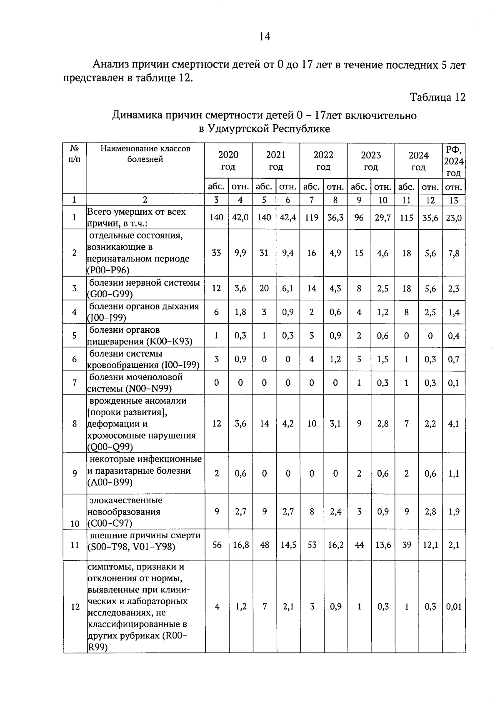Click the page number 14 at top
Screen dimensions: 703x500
coord(265,37)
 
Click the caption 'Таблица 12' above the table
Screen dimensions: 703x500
coord(437,98)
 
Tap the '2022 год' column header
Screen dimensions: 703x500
coord(323,161)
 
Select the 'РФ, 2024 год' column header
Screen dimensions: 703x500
coord(454,161)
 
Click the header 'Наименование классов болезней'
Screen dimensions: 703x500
coord(145,154)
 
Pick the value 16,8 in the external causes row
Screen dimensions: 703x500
coord(240,545)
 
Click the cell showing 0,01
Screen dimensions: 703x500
coord(454,607)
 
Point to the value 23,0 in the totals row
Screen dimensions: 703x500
coord(454,217)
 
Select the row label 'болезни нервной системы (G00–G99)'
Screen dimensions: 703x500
coord(144,289)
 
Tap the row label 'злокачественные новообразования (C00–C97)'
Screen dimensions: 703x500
coord(125,512)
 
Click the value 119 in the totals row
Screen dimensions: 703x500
coord(312,217)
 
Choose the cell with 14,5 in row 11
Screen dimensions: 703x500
coord(288,545)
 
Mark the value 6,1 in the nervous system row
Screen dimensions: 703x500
coord(288,289)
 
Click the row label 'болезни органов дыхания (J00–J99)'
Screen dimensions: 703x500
coord(143,312)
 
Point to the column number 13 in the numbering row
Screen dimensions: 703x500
coord(454,200)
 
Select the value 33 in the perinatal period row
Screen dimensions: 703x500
coord(217,253)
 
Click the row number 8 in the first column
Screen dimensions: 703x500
coord(75,424)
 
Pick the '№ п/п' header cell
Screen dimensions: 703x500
coord(75,154)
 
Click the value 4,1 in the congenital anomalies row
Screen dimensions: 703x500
coord(454,424)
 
